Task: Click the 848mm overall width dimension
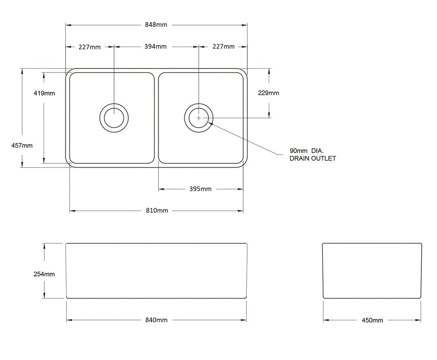click(156, 25)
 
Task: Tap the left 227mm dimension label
click(90, 47)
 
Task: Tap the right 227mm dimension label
click(223, 47)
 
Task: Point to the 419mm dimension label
click(44, 93)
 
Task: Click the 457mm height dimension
click(22, 145)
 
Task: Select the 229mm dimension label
click(268, 93)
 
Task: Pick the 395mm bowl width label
click(201, 189)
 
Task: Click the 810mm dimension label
click(157, 211)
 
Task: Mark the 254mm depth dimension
click(44, 274)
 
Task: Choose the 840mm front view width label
click(156, 320)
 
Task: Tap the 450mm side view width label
click(372, 320)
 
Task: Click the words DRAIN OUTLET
click(312, 158)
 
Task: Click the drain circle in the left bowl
click(114, 117)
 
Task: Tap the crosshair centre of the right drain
click(199, 117)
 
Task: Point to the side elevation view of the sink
click(372, 270)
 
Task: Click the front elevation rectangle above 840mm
click(156, 270)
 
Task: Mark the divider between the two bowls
click(156, 117)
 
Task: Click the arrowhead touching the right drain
click(211, 123)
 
